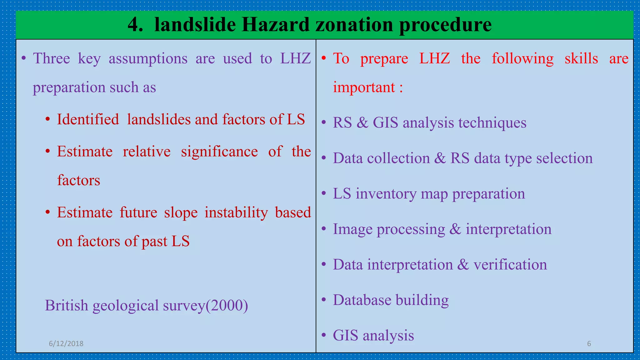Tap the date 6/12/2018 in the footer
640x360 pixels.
[66, 343]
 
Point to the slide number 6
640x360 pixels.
[589, 343]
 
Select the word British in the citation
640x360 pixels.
[67, 305]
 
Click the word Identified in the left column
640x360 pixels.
[88, 119]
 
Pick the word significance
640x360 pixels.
[219, 152]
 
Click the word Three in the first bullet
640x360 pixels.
[52, 58]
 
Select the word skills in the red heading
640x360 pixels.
[581, 58]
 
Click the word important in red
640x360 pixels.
[364, 87]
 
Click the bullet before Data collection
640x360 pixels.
[324, 158]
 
